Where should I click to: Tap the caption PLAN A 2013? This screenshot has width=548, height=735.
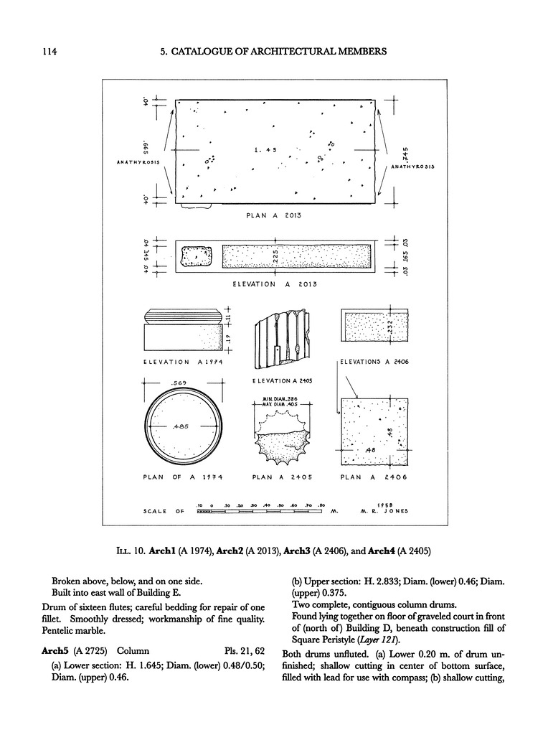click(x=276, y=215)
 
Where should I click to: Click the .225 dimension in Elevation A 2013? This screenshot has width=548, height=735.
click(x=276, y=256)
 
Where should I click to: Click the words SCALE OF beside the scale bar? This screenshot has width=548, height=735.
click(x=166, y=511)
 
